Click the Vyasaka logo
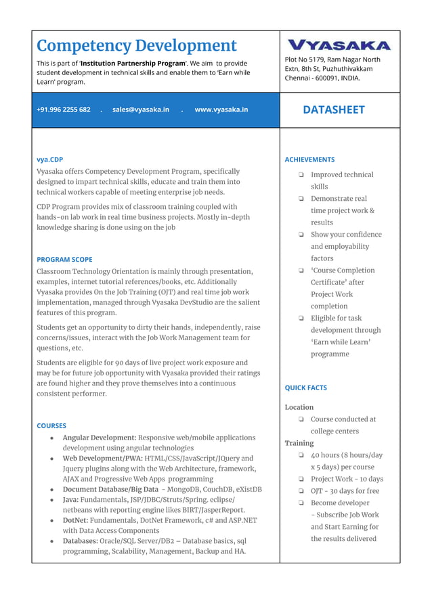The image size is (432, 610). point(339,45)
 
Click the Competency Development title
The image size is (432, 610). point(136,45)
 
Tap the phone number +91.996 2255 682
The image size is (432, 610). point(64,110)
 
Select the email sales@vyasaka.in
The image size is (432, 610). point(141,110)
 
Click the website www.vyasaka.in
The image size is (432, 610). point(221,110)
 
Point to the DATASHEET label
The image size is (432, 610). point(333,110)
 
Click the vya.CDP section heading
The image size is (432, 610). point(49,160)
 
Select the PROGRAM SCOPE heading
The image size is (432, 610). point(64,259)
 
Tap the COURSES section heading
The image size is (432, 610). point(51,425)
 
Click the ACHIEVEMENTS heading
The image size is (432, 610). point(309,160)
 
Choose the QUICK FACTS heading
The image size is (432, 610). point(305,388)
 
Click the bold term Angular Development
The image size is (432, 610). point(100,438)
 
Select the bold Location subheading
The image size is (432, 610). point(299,407)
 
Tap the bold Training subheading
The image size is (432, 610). point(299,443)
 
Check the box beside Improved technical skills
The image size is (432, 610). point(300,175)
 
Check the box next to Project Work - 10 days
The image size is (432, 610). point(300,479)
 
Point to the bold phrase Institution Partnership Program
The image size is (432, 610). point(142,63)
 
